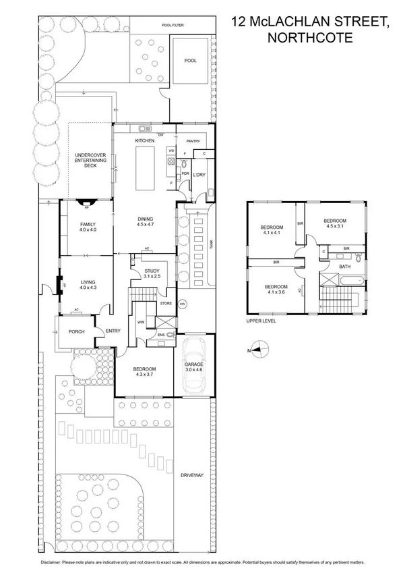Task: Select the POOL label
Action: (191, 61)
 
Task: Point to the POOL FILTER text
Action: (173, 25)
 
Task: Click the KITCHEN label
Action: (145, 140)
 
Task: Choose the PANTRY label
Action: (194, 141)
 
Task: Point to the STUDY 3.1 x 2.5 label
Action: (152, 273)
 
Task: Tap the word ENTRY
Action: (113, 331)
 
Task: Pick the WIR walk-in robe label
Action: (141, 322)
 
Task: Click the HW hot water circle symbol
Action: (182, 304)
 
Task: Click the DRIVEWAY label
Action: (192, 475)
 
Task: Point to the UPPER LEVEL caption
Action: (262, 321)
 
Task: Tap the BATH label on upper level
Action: (344, 267)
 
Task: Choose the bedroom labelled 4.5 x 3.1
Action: (334, 224)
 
